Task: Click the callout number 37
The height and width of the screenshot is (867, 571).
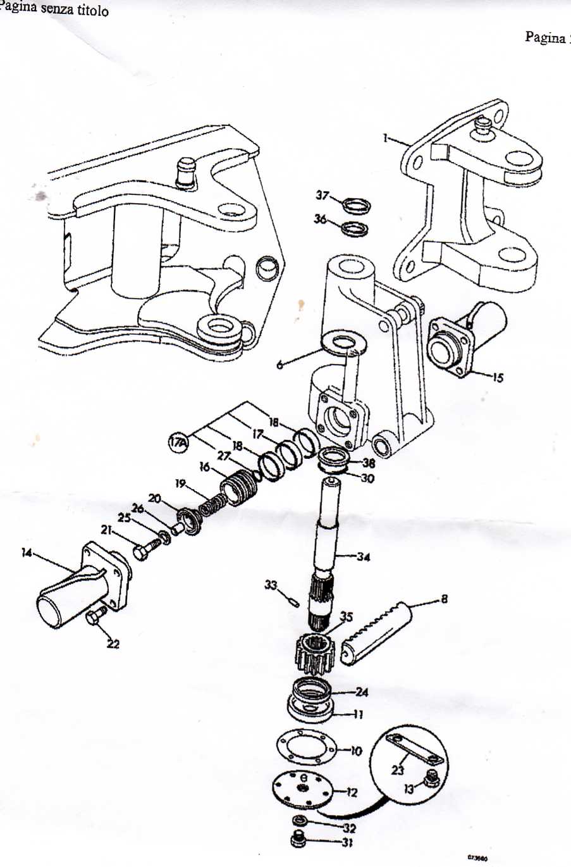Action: click(322, 196)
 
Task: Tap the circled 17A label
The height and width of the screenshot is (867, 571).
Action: click(179, 442)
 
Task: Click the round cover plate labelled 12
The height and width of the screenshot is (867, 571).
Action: click(302, 788)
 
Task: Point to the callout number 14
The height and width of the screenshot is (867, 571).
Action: click(27, 553)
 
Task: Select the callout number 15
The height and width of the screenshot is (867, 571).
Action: click(498, 378)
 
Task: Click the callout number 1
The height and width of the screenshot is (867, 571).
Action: click(386, 138)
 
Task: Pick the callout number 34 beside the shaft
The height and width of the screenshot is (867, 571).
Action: click(363, 558)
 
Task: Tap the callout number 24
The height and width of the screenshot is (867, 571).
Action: click(362, 692)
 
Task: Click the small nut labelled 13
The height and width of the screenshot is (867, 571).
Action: click(432, 779)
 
